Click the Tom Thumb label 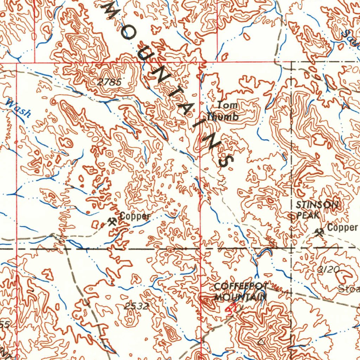[223, 111]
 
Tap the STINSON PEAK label [316, 210]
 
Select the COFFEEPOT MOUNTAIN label [240, 291]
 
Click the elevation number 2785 [110, 82]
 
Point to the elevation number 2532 [136, 306]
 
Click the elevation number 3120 [328, 270]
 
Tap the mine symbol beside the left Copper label [112, 221]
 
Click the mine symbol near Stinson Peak [320, 232]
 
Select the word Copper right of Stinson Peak [342, 228]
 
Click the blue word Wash [19, 108]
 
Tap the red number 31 [230, 309]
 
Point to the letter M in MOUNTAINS [110, 11]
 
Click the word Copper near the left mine [135, 216]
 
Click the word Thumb [223, 117]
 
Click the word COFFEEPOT [241, 286]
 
